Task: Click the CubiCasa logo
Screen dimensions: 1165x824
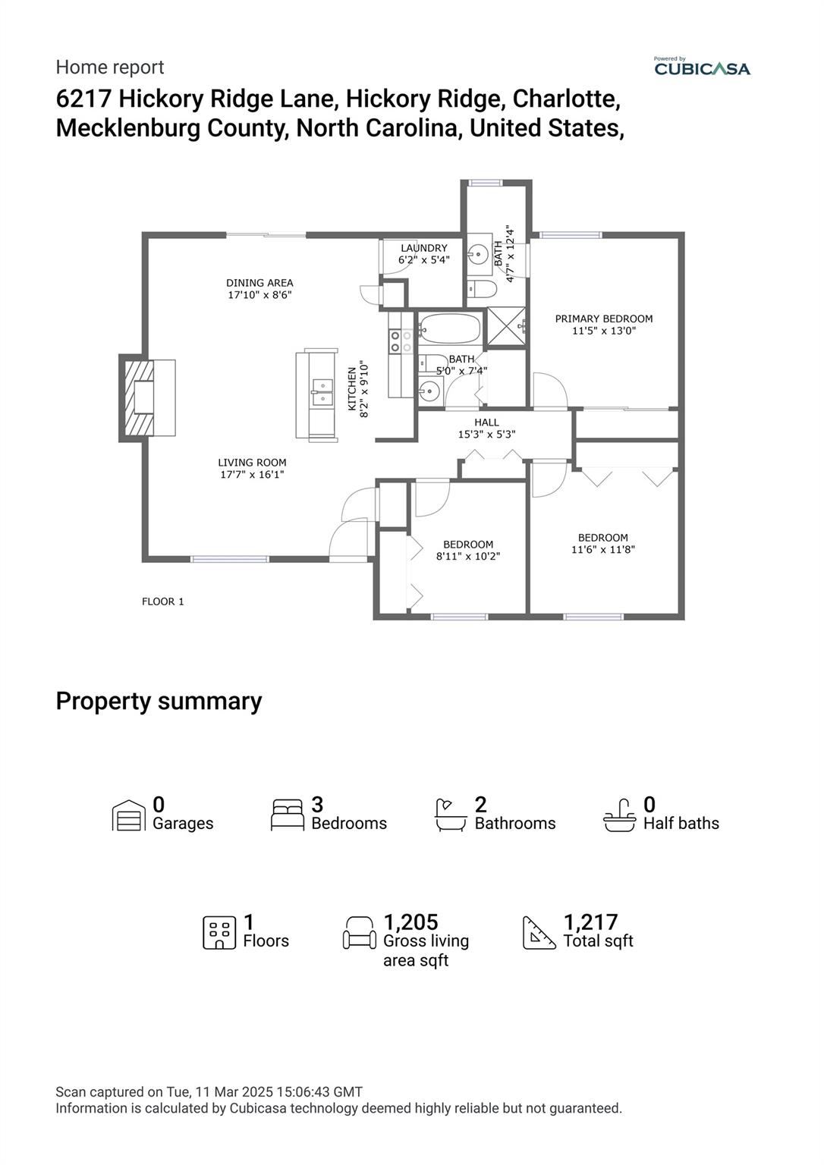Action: (702, 68)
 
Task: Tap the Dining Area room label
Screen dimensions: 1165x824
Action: (259, 283)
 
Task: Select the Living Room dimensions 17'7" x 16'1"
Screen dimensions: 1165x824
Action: (252, 475)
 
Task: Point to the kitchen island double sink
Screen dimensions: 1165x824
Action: (322, 391)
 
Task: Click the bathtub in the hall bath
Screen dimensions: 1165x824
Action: (449, 329)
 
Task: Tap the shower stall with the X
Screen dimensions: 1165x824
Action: (506, 326)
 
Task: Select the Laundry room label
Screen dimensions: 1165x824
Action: (424, 248)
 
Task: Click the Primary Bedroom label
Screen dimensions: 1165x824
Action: (604, 319)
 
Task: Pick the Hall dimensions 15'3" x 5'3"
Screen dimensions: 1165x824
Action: (487, 435)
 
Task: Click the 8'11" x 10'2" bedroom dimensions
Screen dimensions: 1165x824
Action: (468, 556)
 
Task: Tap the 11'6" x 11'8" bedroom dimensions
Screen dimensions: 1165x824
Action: (603, 549)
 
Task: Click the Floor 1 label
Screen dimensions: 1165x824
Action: (163, 601)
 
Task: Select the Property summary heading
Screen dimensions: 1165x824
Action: (159, 701)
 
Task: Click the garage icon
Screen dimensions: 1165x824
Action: (128, 816)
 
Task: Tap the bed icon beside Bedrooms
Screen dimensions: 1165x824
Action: (288, 815)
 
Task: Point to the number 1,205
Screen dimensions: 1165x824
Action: (410, 922)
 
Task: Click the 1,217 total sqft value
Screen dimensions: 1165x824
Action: (590, 922)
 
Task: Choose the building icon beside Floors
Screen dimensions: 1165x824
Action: (219, 932)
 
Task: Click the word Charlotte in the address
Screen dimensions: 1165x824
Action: (567, 99)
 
